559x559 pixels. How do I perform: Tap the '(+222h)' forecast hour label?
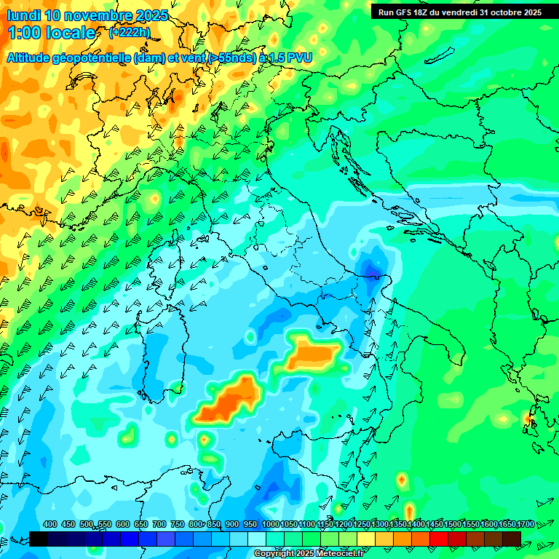pyautogui.click(x=129, y=32)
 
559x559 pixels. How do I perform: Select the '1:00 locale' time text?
pyautogui.click(x=52, y=33)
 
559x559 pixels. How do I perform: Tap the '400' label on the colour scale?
pyautogui.click(x=50, y=524)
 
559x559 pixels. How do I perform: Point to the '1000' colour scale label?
pyautogui.click(x=271, y=524)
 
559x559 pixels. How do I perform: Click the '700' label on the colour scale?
pyautogui.click(x=159, y=524)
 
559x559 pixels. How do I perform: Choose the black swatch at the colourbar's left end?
pyautogui.click(x=39, y=538)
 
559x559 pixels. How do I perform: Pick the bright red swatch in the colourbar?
pyautogui.click(x=439, y=538)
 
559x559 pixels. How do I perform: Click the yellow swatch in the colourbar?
pyautogui.click(x=366, y=538)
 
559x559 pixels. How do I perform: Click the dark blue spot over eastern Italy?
pyautogui.click(x=373, y=271)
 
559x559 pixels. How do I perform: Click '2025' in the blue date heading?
pyautogui.click(x=151, y=15)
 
